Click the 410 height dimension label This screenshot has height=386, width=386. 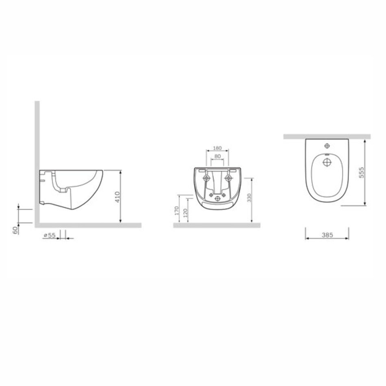118,197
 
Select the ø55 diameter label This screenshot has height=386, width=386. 50,235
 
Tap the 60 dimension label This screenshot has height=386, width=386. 15,230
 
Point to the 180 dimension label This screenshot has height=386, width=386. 217,148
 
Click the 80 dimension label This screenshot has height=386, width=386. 218,156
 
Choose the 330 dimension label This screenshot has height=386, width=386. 249,198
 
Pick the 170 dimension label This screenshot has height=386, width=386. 176,211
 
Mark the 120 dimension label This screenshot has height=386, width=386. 186,213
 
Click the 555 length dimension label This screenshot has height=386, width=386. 361,172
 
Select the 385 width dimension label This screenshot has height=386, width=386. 327,235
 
